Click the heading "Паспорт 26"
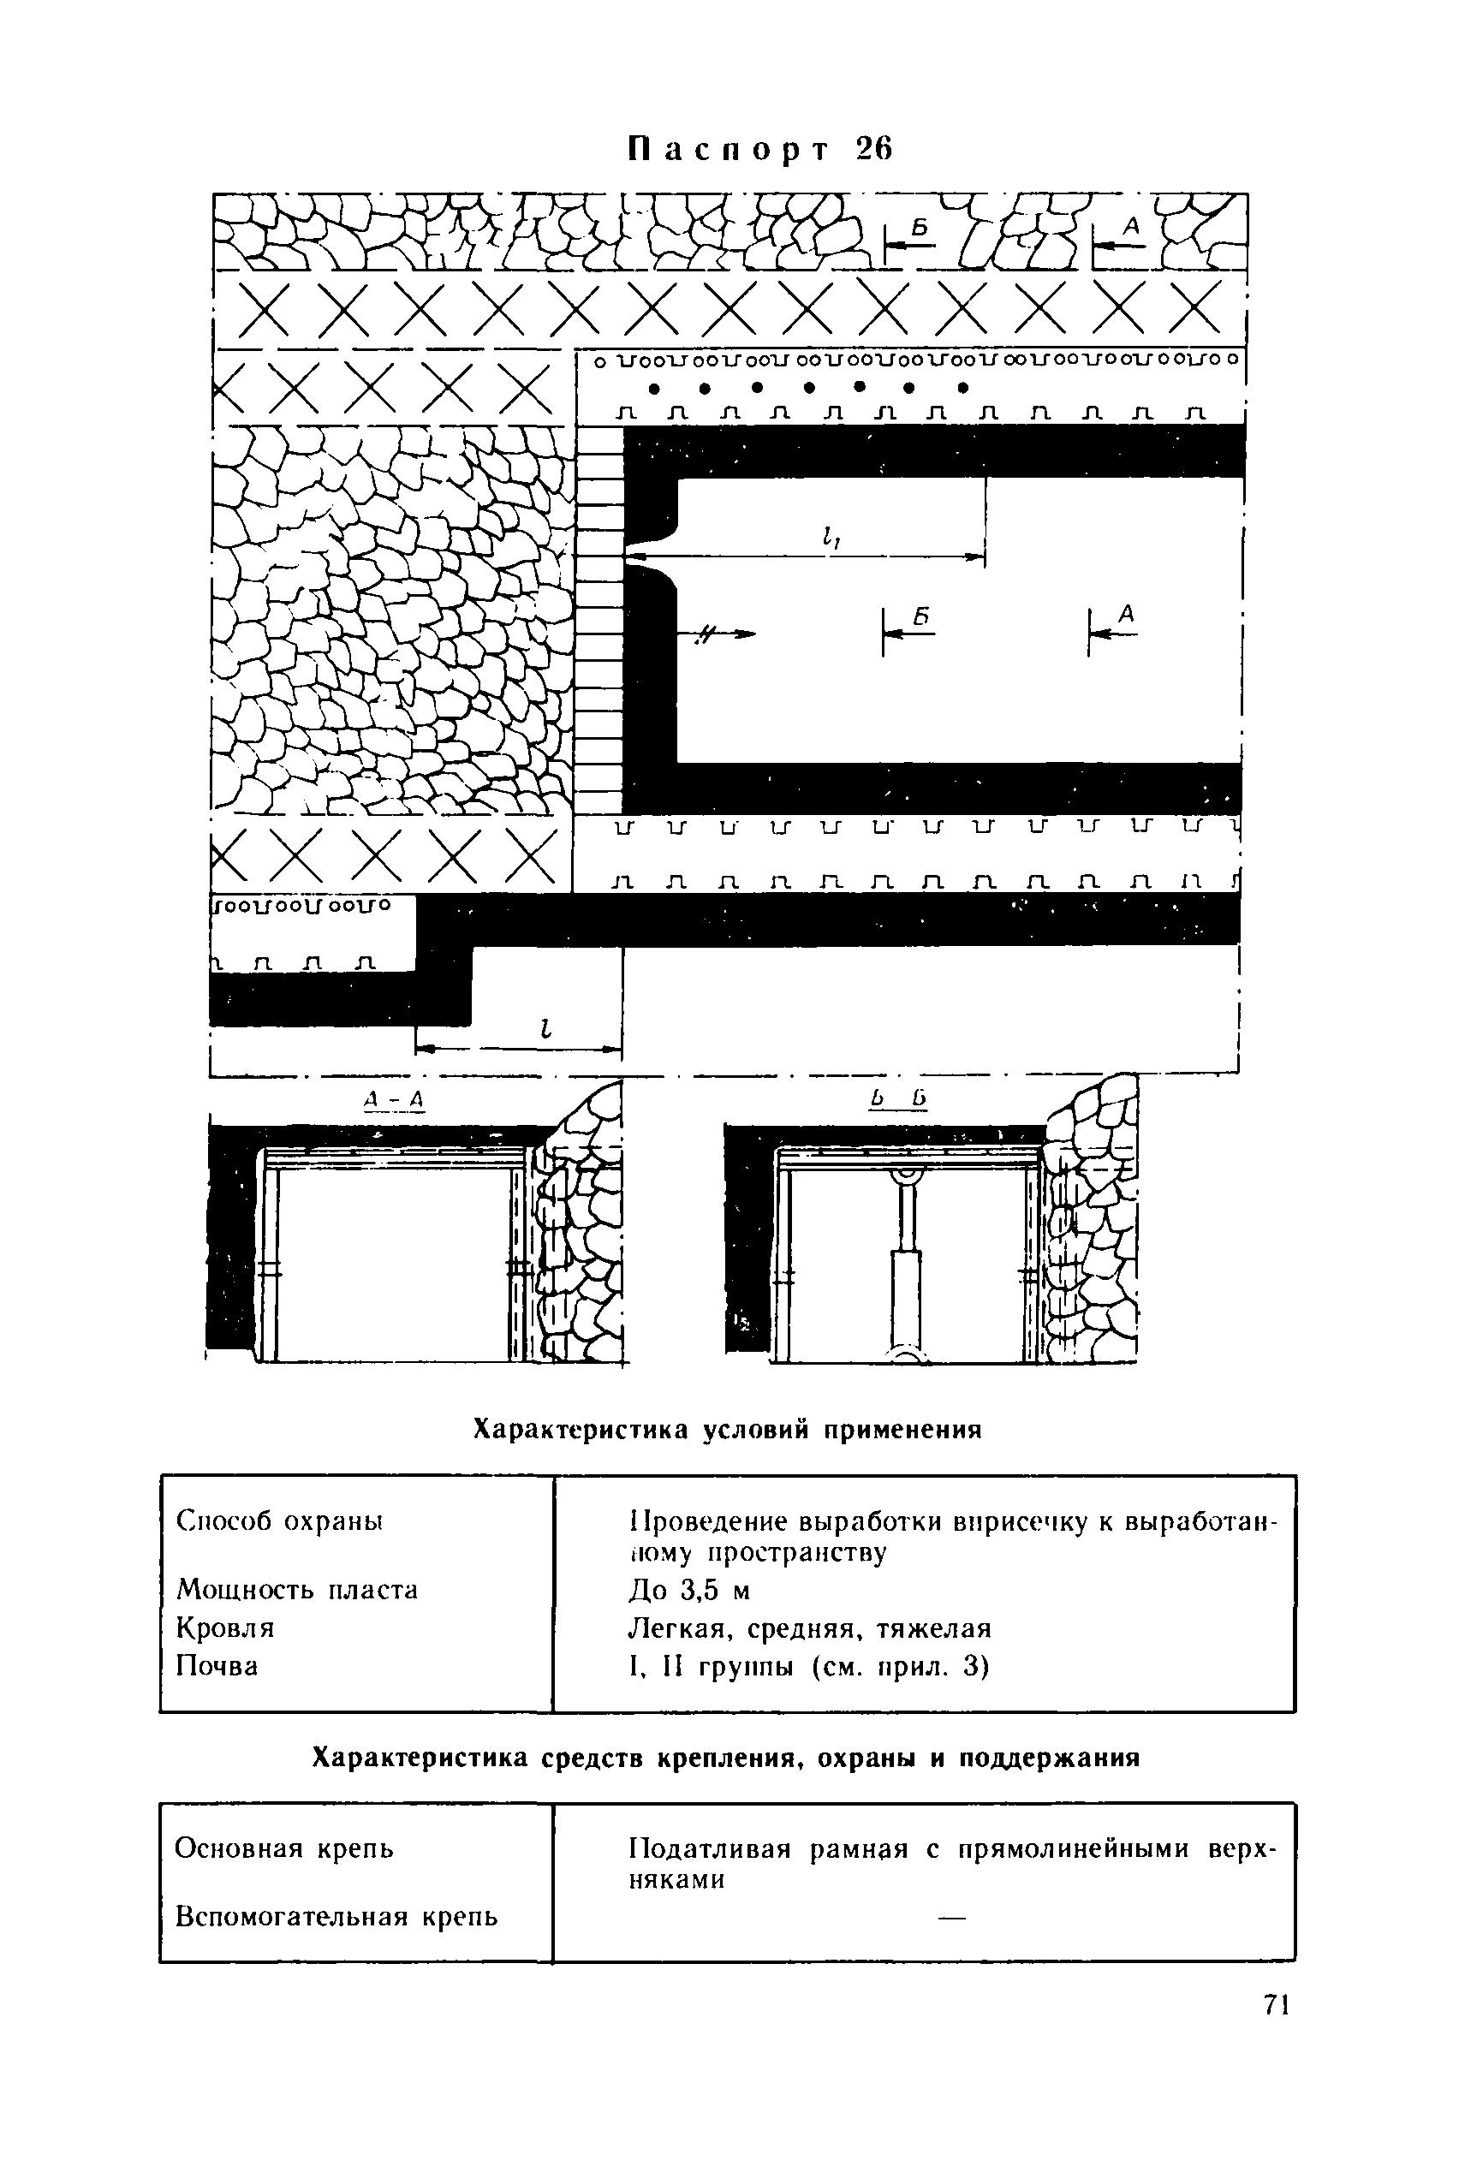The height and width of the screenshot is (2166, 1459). [759, 149]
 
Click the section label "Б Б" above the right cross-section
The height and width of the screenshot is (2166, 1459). [898, 1100]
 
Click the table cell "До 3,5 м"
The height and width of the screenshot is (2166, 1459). [689, 1590]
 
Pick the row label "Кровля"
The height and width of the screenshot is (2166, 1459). [225, 1627]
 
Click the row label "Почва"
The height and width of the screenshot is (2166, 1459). [217, 1664]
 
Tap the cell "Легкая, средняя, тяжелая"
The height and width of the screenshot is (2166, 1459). [809, 1628]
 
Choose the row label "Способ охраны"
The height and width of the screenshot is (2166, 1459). [280, 1521]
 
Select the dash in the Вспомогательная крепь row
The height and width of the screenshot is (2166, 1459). [952, 1917]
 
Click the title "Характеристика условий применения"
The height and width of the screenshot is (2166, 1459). [728, 1429]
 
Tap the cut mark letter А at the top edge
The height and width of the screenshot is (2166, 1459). [1131, 224]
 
